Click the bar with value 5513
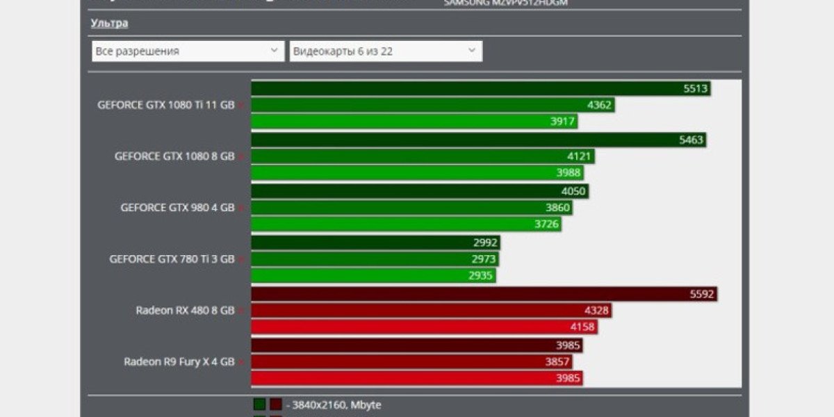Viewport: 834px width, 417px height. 480,88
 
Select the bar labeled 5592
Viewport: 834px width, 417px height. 483,294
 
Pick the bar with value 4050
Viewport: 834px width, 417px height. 420,191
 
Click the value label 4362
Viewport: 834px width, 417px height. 599,105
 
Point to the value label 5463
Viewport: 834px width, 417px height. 691,140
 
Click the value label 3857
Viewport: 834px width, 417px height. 557,361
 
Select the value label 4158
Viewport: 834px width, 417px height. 582,327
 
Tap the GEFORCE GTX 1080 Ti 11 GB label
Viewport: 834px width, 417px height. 166,105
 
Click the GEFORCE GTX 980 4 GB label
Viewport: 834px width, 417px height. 177,207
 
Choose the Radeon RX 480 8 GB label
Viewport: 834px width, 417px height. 185,310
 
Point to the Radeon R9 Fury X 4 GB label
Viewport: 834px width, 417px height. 179,361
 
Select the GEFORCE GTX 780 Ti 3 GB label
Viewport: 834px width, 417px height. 172,259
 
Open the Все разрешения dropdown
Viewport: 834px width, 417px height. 188,51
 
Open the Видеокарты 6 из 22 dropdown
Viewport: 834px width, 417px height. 386,51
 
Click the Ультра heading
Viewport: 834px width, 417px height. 109,23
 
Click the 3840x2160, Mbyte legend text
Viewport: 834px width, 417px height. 337,404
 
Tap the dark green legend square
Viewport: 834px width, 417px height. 259,404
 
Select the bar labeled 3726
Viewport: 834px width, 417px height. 406,224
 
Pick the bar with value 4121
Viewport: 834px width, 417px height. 423,156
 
